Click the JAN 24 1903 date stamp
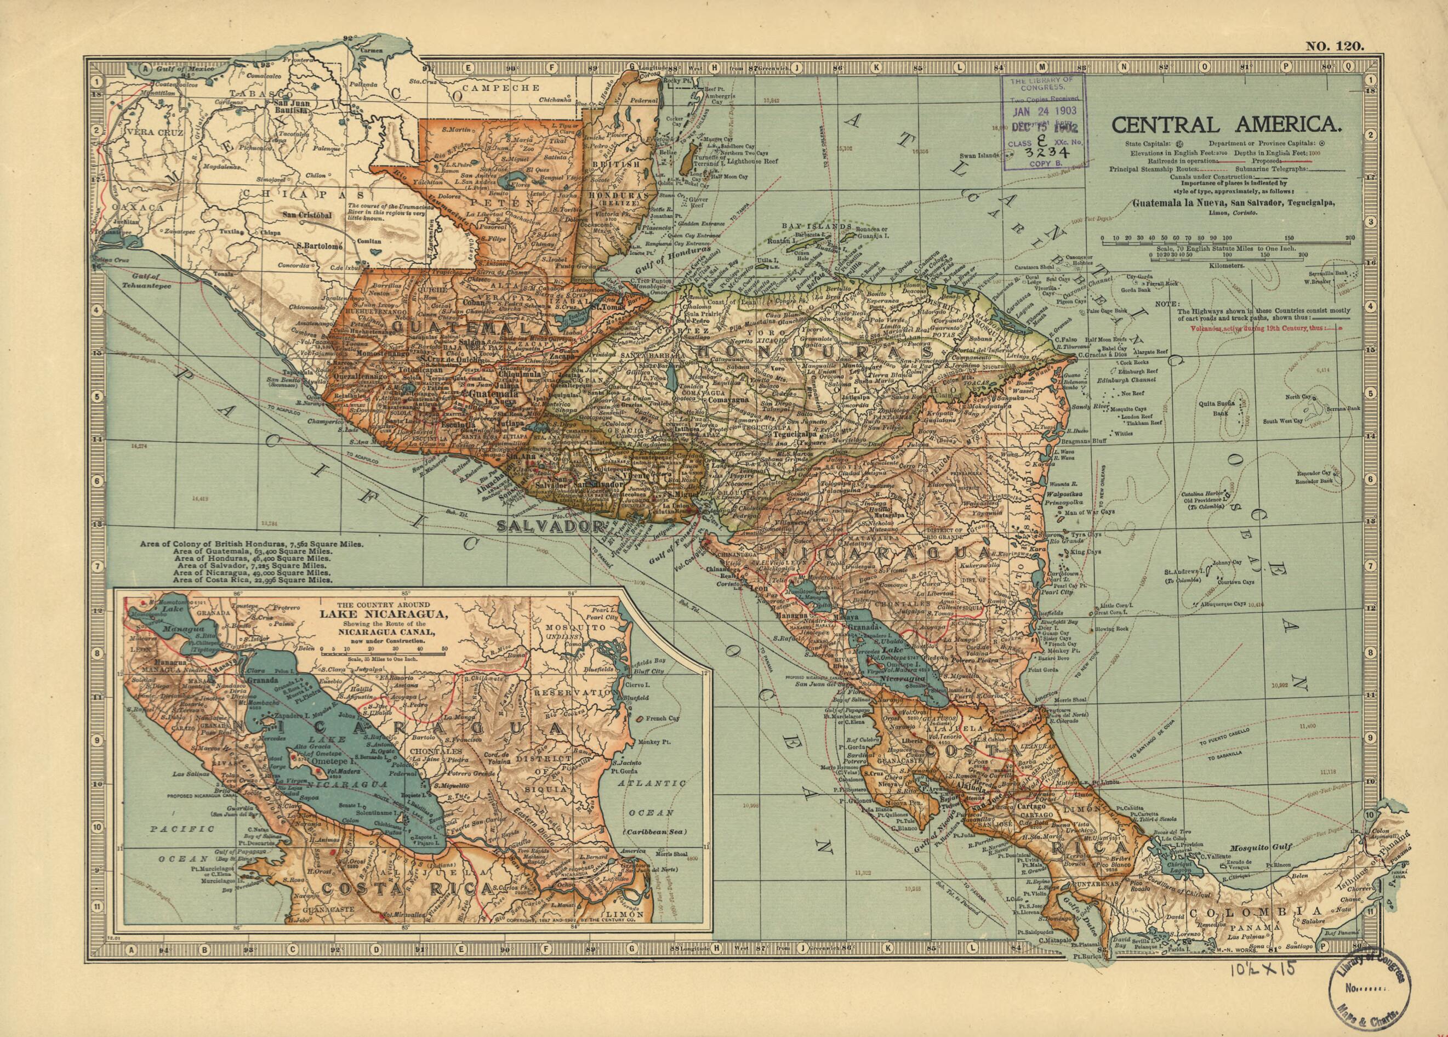click(1045, 111)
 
